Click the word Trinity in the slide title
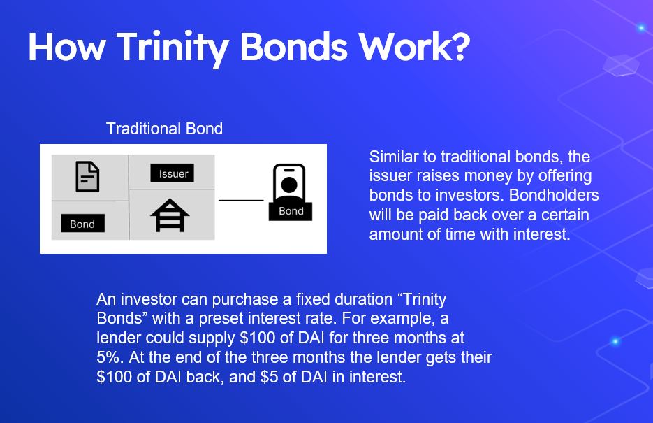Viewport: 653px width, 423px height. coord(173,49)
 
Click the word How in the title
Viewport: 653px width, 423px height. coord(66,47)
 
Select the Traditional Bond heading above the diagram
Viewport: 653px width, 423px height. coord(165,129)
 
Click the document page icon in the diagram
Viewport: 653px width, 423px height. coord(87,177)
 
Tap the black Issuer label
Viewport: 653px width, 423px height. coord(172,173)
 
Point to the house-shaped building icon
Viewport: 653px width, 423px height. coord(170,215)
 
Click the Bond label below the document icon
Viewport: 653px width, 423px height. coord(82,223)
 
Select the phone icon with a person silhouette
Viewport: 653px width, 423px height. coord(289,183)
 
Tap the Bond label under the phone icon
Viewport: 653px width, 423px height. coord(291,211)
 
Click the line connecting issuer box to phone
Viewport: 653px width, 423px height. coord(241,201)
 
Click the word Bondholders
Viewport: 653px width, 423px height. coord(554,195)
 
